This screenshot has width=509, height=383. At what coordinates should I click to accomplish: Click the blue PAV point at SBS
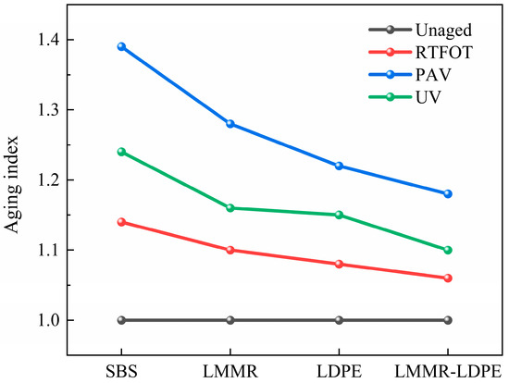(121, 47)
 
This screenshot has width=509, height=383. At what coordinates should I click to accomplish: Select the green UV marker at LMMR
(230, 208)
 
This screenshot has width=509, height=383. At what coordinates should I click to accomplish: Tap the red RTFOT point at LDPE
(339, 265)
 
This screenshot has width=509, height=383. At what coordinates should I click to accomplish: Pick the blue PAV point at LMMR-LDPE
(448, 194)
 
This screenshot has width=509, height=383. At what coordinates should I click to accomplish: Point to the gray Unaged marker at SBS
(121, 320)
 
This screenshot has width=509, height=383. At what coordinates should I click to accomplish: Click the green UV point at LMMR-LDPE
(448, 251)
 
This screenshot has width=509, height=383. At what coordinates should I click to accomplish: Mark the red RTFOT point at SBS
(121, 222)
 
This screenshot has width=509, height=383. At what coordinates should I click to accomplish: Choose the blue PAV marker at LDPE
(339, 167)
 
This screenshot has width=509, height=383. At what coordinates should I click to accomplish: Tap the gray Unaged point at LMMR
(230, 320)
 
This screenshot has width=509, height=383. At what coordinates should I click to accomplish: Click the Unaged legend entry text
(443, 31)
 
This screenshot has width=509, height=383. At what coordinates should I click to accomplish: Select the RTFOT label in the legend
(444, 52)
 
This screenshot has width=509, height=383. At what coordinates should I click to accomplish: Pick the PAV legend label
(433, 75)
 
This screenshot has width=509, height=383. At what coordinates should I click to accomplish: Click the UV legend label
(428, 97)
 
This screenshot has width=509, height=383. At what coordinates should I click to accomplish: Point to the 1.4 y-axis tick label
(50, 40)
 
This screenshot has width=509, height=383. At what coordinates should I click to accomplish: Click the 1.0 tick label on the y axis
(50, 320)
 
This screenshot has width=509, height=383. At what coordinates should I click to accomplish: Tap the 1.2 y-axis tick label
(50, 180)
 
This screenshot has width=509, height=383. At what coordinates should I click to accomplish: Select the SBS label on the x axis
(121, 372)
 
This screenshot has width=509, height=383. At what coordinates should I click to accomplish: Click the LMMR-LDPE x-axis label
(448, 372)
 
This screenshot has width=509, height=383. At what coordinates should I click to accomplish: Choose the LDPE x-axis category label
(340, 372)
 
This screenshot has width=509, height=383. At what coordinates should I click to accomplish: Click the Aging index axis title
(12, 184)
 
